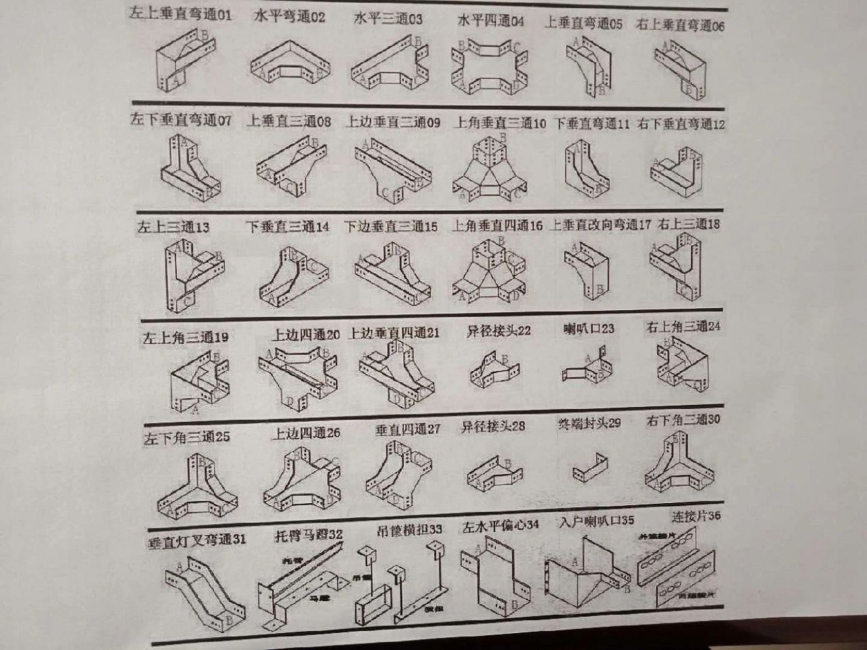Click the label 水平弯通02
coord(289,17)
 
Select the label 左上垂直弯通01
coord(180,13)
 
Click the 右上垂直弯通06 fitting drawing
coord(682,69)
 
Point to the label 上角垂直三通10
coord(500,123)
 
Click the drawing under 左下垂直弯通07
coord(189,168)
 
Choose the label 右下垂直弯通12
coord(681,124)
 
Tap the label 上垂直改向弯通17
coord(600,224)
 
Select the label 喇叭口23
coord(589,329)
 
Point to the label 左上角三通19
coord(185,337)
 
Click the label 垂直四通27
coord(407,430)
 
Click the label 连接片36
coord(696,516)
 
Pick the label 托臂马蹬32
coord(308,535)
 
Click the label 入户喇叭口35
coord(596,521)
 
